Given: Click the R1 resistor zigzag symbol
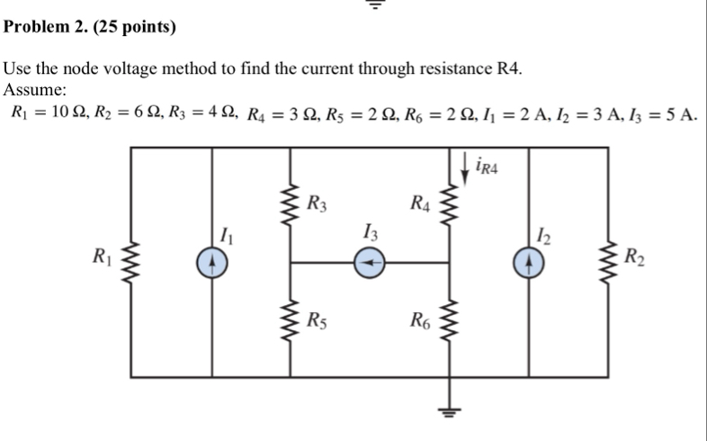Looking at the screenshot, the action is click(130, 263).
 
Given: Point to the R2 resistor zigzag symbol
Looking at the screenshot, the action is click(608, 263).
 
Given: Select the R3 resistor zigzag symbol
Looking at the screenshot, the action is click(290, 204).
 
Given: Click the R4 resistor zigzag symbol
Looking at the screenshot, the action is click(450, 205).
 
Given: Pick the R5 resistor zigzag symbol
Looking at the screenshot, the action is click(290, 319).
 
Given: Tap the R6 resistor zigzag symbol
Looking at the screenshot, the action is click(450, 320).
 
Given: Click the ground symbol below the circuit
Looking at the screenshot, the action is click(449, 412).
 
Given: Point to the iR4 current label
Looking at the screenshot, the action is click(487, 166).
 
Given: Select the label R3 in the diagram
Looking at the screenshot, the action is click(317, 203).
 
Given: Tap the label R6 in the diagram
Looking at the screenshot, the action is click(420, 320).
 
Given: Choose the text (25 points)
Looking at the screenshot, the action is click(134, 27).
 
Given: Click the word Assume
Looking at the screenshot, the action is click(35, 90).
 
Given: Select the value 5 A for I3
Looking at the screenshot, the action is click(682, 114).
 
